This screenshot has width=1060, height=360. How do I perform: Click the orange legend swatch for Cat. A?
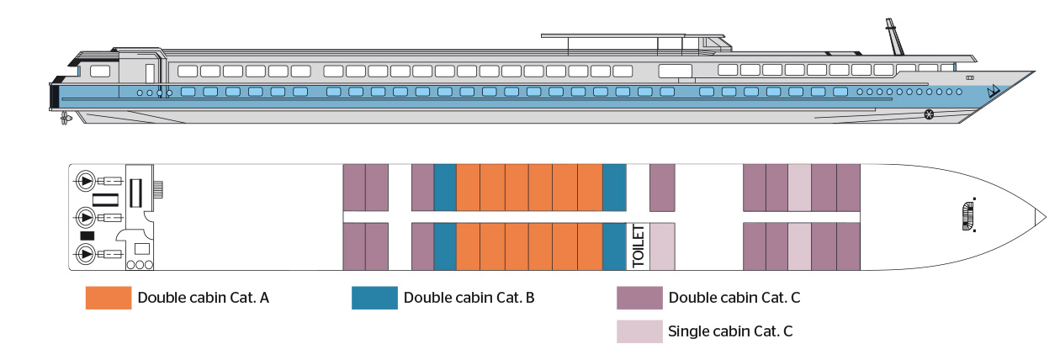[x=109, y=298]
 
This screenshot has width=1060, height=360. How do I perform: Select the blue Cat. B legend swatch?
[x=374, y=298]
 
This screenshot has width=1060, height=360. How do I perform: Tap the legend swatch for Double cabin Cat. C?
[x=639, y=298]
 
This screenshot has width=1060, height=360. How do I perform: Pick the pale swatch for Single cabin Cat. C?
[x=639, y=331]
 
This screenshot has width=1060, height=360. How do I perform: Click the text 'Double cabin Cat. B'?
[x=469, y=298]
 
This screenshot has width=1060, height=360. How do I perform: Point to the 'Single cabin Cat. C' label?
[x=729, y=331]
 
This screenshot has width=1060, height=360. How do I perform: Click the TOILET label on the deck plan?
[x=638, y=246]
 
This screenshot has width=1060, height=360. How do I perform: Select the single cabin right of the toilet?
[x=662, y=246]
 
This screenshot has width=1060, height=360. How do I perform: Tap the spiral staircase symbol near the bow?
[x=970, y=214]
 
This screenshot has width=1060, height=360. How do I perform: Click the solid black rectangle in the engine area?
[x=87, y=236]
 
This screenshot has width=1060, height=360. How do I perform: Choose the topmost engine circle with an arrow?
[x=85, y=180]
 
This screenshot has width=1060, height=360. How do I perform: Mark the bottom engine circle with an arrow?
[x=85, y=253]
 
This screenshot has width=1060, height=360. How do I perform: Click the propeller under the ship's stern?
[x=65, y=118]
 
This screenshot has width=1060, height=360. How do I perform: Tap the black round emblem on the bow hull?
[x=929, y=114]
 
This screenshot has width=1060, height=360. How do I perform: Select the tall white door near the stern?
[x=149, y=72]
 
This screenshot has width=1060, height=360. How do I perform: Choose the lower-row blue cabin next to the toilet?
[x=614, y=246]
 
